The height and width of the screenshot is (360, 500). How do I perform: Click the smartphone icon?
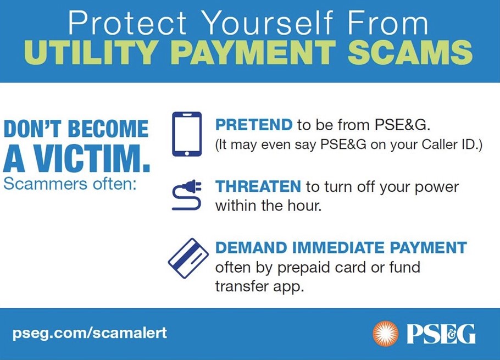point(187,134)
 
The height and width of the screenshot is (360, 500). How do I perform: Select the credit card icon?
point(188,258)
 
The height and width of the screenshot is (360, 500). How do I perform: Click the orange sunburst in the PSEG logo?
point(386,334)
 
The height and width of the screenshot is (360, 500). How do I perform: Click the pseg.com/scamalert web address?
point(90,333)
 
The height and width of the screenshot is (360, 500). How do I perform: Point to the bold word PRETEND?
point(254,124)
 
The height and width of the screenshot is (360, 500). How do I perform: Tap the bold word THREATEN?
point(258,186)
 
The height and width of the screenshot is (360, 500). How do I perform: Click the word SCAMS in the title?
point(410,52)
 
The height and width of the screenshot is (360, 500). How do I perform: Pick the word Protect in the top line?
point(127,23)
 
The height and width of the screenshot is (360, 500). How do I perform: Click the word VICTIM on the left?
point(92,158)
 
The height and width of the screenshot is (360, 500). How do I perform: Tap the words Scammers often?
point(70,184)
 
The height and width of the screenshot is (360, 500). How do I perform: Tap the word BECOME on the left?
point(108,129)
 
